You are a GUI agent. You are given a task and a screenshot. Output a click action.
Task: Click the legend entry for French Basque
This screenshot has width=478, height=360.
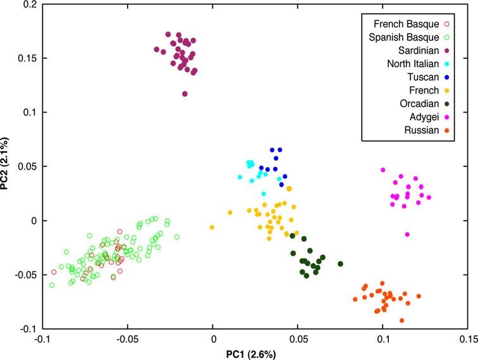[405, 23]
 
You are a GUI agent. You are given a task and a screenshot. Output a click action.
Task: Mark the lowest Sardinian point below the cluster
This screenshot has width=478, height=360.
[185, 94]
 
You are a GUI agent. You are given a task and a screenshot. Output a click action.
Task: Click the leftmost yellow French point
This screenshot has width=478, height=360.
[212, 227]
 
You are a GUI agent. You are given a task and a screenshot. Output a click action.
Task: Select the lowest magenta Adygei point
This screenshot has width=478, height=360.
[407, 235]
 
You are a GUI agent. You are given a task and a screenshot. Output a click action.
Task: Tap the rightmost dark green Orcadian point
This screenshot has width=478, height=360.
[340, 263]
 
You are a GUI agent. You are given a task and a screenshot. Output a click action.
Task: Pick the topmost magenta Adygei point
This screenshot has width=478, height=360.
[383, 170]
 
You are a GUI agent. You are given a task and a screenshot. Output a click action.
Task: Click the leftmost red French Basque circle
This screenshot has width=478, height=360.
[54, 272]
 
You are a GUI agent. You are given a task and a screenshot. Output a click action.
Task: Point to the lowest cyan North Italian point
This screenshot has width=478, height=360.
[264, 194]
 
